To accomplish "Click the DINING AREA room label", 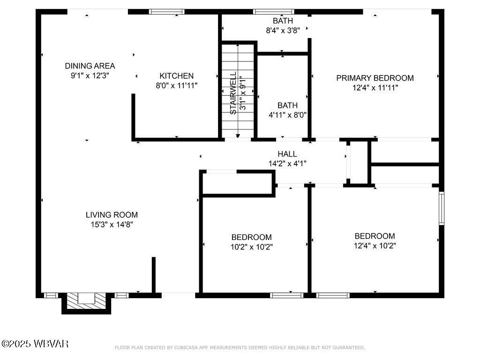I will click(x=90, y=66).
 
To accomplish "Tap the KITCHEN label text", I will click(x=176, y=76).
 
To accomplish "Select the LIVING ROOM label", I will click(x=112, y=215).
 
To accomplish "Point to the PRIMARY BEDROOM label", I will click(x=375, y=78).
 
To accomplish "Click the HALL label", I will click(x=287, y=154).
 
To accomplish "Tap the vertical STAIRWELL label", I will click(x=233, y=93).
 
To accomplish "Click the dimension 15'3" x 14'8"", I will click(x=112, y=225).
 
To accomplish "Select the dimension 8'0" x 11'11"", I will click(x=176, y=86).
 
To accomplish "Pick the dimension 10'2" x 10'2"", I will click(x=251, y=247).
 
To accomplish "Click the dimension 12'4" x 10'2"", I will click(x=375, y=245).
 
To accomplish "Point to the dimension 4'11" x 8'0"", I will click(x=287, y=115).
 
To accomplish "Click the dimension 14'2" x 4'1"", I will click(x=287, y=164).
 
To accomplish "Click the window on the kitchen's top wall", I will click(x=166, y=12).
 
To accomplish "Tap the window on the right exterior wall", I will click(x=441, y=208).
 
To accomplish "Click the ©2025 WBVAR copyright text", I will click(x=35, y=344).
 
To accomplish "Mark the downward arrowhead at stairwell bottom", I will click(x=238, y=136).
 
